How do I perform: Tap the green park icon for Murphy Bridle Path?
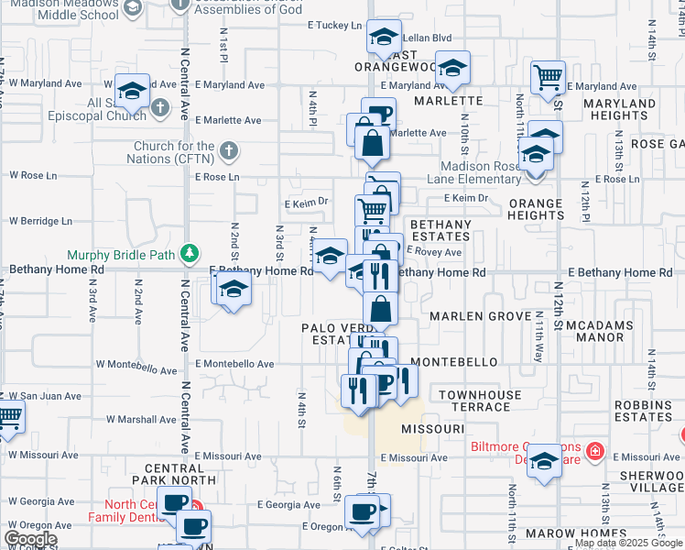tap(190, 253)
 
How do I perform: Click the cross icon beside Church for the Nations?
tap(229, 150)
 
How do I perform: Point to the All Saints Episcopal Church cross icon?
tap(159, 109)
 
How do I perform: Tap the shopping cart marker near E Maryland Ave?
tap(548, 78)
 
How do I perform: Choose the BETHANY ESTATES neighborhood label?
tap(440, 230)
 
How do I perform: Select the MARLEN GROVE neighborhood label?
tap(468, 316)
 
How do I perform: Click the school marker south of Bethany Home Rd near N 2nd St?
tap(234, 290)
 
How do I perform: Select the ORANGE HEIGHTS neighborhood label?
tap(536, 209)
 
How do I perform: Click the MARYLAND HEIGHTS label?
tap(619, 109)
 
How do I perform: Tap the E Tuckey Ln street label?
tap(336, 26)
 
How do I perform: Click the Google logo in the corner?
tap(30, 539)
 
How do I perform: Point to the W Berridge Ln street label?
tap(40, 221)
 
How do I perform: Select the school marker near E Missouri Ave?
tap(544, 461)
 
